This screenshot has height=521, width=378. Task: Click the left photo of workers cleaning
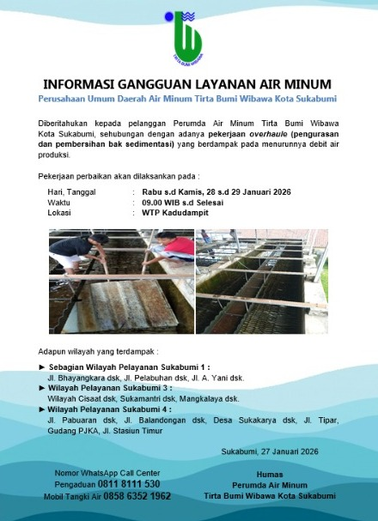pos(119,280)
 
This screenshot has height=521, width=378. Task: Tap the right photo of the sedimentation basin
pos(261,280)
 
